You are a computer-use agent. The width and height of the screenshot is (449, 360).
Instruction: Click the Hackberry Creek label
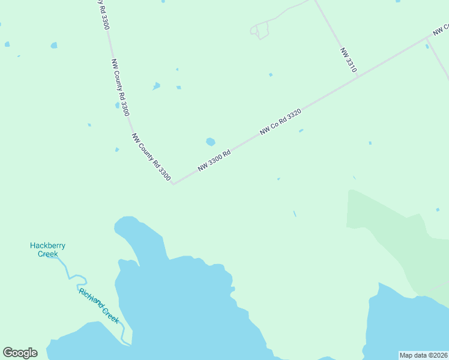coord(48,249)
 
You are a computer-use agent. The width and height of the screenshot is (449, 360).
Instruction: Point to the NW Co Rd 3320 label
coord(280,121)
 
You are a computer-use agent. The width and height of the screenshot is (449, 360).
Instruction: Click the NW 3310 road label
coord(348,61)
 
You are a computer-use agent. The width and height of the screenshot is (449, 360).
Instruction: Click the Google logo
coord(20,353)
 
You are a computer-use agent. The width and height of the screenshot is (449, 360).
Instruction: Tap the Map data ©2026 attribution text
coord(423,355)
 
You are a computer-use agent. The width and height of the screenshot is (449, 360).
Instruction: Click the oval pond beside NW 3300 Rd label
coord(210,142)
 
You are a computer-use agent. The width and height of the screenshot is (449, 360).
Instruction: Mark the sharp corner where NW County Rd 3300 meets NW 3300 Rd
coord(173,184)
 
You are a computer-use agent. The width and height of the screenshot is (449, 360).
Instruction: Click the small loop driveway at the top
coord(259,31)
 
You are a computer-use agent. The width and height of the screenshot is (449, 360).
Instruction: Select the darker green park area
coord(384,228)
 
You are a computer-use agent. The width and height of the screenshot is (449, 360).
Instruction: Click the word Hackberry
coord(48,245)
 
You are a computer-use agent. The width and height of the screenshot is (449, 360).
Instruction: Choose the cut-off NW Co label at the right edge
coord(442,29)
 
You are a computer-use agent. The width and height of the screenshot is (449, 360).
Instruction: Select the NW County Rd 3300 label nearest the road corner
coord(151,157)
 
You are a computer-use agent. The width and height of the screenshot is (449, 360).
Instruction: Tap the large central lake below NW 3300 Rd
coord(180,300)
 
